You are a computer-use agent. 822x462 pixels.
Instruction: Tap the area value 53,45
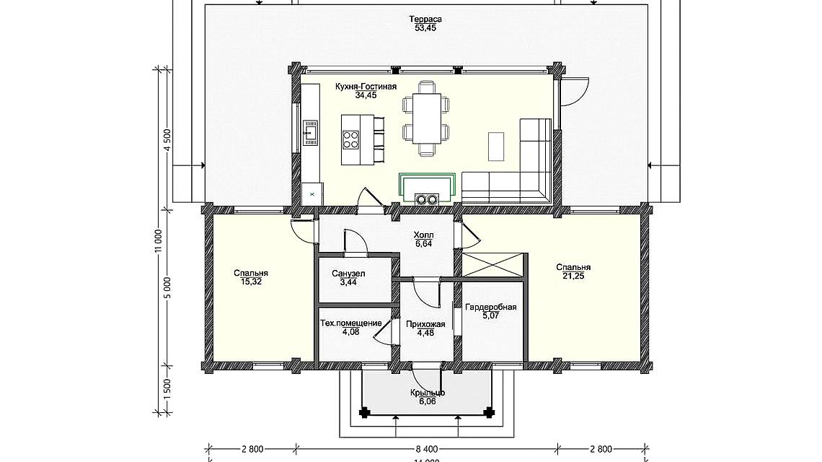(x=425, y=28)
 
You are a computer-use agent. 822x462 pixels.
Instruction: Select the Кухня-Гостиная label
(x=366, y=86)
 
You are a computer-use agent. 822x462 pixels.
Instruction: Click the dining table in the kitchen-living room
(x=425, y=119)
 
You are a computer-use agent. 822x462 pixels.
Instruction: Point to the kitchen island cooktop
(x=351, y=138)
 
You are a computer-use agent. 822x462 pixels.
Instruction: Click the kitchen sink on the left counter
(x=309, y=132)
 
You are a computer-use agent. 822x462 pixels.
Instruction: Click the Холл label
(x=423, y=235)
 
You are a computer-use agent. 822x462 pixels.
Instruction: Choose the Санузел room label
(x=348, y=274)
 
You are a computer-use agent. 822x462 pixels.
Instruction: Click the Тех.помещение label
(x=350, y=323)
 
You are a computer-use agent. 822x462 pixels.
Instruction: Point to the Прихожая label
(x=425, y=324)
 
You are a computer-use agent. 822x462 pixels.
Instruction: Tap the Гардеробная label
(x=491, y=307)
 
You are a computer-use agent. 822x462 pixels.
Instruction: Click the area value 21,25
(x=573, y=276)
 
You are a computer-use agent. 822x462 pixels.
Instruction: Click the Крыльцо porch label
(x=427, y=393)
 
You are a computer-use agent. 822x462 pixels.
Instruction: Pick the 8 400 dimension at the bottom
(x=427, y=448)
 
